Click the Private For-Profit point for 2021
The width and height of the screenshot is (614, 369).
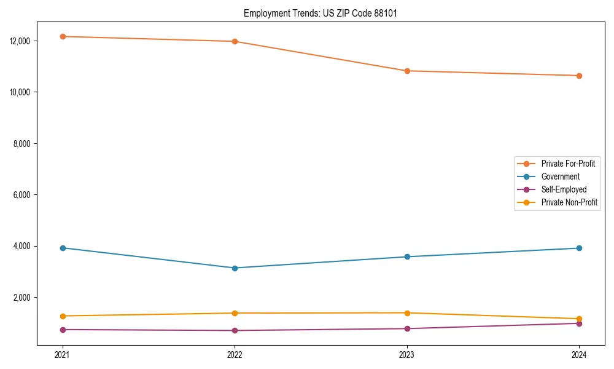click(x=62, y=36)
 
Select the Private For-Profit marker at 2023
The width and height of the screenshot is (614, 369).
click(x=407, y=71)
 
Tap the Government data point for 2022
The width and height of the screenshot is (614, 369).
click(x=235, y=268)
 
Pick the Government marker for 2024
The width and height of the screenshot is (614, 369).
click(x=579, y=248)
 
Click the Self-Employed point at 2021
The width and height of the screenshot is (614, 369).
click(x=62, y=330)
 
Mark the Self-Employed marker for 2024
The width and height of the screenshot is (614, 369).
click(x=579, y=323)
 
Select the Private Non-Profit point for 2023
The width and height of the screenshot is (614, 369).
click(x=407, y=313)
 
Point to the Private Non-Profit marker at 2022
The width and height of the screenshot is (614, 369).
click(x=235, y=313)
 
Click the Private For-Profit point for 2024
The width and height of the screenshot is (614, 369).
click(x=579, y=76)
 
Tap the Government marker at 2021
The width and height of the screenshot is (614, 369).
click(x=62, y=248)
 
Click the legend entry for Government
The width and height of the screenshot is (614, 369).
click(x=560, y=177)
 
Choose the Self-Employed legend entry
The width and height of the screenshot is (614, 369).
click(x=564, y=189)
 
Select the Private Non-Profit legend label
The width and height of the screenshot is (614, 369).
click(x=569, y=202)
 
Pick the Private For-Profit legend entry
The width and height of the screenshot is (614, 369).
click(x=568, y=164)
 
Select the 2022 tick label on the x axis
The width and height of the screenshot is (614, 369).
click(x=235, y=355)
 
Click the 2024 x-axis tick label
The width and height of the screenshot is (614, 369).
click(x=579, y=355)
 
